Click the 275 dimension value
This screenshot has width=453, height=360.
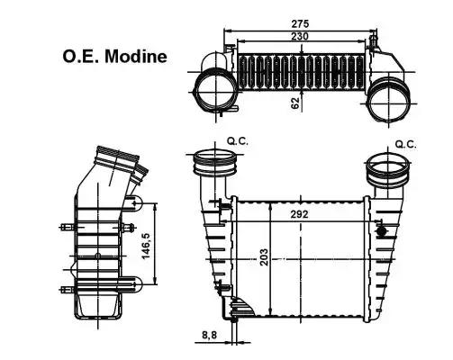tap(300, 23)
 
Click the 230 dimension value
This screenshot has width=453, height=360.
tap(300, 36)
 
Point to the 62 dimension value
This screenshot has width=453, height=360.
tap(295, 103)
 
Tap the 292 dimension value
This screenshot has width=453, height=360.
tap(299, 214)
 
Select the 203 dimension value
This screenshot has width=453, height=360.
tap(264, 256)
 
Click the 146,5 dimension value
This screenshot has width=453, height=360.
tap(146, 246)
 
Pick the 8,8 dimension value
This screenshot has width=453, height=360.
tap(209, 335)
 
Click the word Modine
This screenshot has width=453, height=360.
tap(136, 56)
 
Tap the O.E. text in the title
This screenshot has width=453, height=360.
tap(81, 56)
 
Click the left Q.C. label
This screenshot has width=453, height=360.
tap(238, 141)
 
